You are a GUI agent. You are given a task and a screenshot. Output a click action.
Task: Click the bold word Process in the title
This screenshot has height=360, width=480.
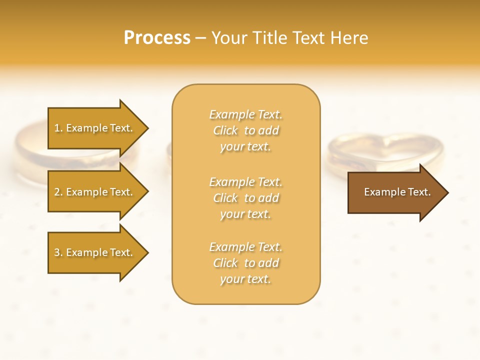click(x=157, y=38)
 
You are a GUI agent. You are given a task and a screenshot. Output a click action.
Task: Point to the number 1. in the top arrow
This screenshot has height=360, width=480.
click(x=58, y=128)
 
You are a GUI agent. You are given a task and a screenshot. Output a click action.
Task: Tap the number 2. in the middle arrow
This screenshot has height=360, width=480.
click(x=58, y=192)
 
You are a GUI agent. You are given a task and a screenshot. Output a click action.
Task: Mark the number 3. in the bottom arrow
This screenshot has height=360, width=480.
click(x=58, y=252)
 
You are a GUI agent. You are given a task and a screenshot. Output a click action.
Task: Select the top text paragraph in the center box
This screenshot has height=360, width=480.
click(x=246, y=130)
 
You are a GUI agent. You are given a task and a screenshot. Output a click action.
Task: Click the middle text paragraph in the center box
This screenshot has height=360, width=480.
click(x=246, y=198)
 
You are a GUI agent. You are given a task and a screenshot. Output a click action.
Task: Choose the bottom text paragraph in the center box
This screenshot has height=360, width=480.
click(x=246, y=263)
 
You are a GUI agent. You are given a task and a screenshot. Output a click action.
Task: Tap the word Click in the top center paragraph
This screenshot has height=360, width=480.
click(x=225, y=130)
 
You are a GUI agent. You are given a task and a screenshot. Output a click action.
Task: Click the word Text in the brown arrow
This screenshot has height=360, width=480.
click(x=419, y=192)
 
